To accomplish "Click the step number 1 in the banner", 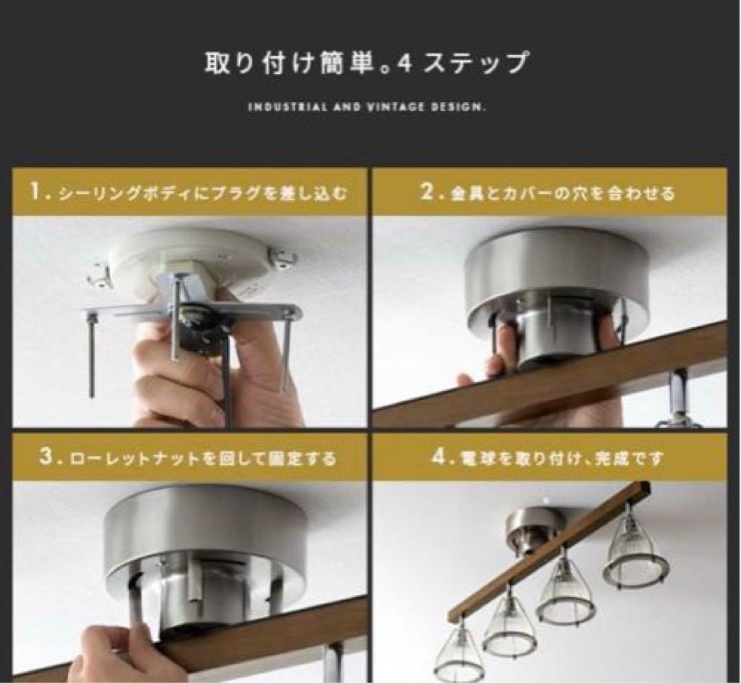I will [x=38, y=192].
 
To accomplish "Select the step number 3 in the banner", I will [x=47, y=457].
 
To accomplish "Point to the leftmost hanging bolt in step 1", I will [x=91, y=357].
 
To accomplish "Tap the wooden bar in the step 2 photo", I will [x=549, y=384].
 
